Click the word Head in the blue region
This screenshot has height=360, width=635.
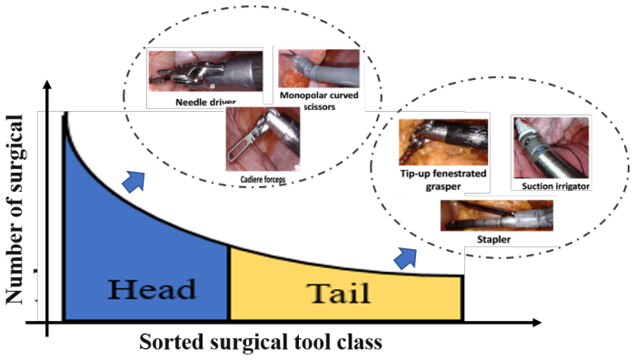[x=152, y=289]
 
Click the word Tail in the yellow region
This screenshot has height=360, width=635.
[x=338, y=293]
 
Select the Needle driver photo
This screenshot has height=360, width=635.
[x=205, y=71]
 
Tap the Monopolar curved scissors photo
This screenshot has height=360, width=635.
[x=319, y=68]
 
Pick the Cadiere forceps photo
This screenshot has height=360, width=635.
[x=263, y=139]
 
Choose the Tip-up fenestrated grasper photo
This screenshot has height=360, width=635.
[x=443, y=142]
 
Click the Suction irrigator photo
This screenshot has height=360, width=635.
[x=551, y=147]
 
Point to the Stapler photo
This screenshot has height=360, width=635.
[x=497, y=215]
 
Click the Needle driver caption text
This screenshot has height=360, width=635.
[x=205, y=102]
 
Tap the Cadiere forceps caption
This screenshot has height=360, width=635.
[x=263, y=179]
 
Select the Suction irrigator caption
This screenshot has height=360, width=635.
[x=556, y=186]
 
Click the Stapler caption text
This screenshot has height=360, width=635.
[x=493, y=239]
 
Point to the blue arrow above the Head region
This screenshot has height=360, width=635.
[x=134, y=181]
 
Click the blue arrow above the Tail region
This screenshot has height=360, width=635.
[x=405, y=258]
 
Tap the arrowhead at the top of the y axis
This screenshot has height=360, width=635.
[x=47, y=85]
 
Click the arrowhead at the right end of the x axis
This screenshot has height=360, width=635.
[x=537, y=323]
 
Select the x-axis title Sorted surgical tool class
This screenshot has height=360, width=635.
[x=261, y=341]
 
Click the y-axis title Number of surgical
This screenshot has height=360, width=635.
[x=15, y=209]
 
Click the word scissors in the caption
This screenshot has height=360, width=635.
[x=320, y=107]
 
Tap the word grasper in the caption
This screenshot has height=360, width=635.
[x=443, y=187]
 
